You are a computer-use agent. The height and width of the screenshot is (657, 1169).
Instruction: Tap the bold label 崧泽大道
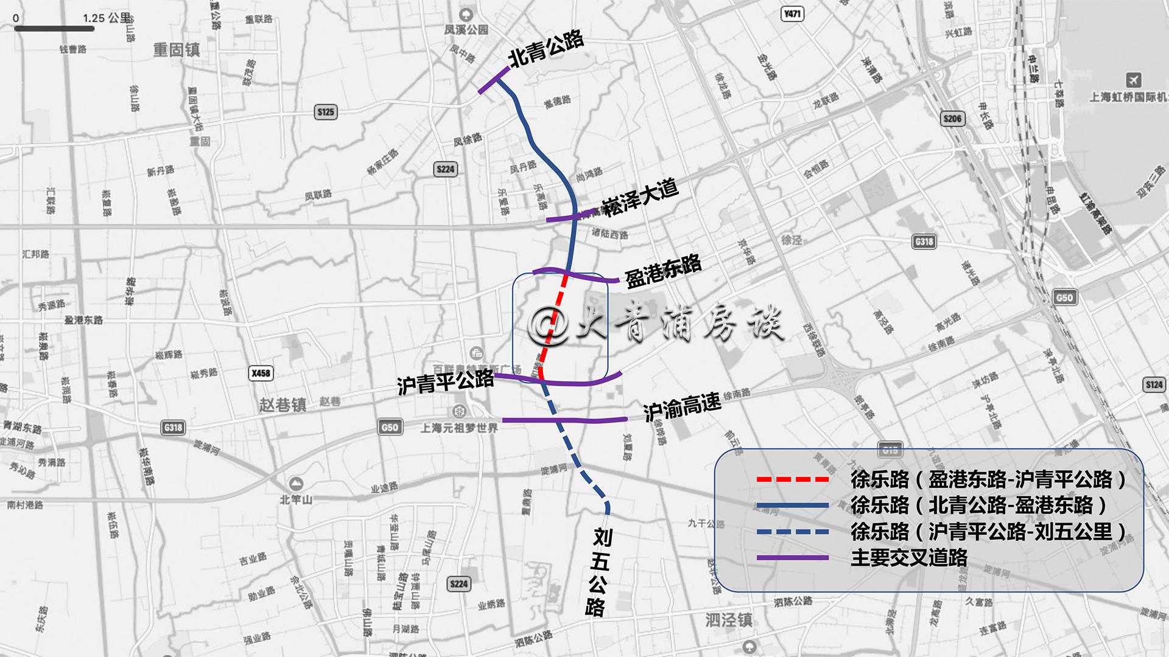[641, 198]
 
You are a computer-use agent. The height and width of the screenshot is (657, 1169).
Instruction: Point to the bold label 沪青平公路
[446, 383]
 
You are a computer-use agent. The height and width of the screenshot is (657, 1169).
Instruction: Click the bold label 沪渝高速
[682, 406]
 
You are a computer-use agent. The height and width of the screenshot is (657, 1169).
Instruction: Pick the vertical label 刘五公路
[599, 572]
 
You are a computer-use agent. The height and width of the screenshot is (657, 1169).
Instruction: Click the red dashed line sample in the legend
[792, 479]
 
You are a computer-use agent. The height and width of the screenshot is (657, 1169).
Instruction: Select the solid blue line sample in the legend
[792, 506]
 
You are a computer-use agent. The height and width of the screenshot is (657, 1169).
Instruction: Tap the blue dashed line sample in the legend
[792, 532]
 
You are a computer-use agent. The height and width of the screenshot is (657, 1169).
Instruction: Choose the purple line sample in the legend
[792, 558]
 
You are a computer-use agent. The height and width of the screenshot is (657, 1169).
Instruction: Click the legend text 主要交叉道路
[909, 558]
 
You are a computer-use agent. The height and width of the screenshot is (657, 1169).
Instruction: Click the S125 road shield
[326, 112]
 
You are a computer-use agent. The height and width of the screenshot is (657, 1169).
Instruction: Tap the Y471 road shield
[792, 14]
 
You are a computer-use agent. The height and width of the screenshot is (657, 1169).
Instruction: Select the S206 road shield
[952, 119]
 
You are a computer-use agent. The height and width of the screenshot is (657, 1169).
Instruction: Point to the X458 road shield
[261, 373]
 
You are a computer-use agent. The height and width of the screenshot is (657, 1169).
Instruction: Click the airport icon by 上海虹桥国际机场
[1134, 80]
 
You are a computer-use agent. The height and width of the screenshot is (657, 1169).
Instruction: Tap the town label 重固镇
[176, 50]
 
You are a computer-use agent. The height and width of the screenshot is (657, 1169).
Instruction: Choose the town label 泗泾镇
[729, 620]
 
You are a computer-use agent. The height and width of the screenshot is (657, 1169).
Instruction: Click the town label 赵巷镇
[283, 405]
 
